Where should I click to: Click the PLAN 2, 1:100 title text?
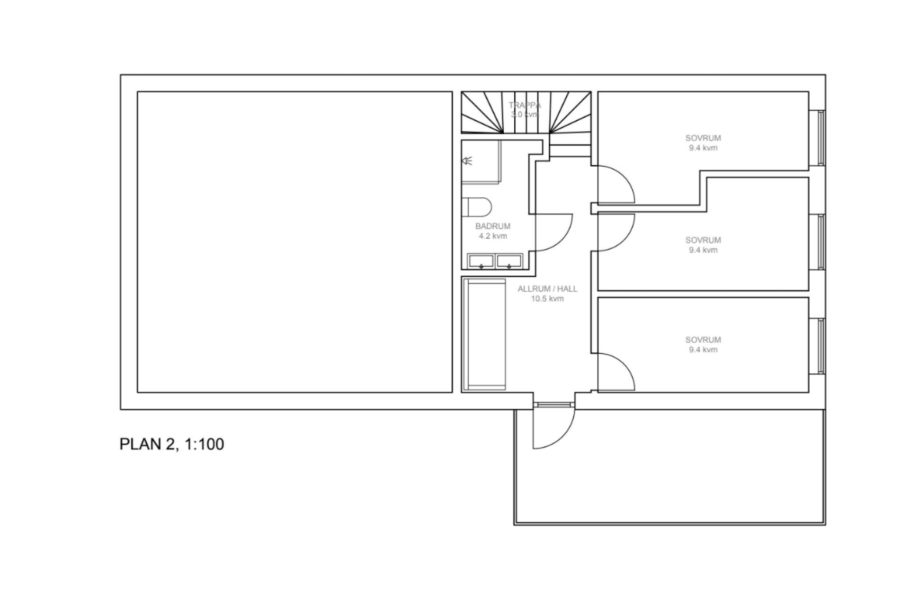coord(171,444)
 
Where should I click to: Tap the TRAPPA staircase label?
coord(525,105)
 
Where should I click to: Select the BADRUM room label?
coord(493,226)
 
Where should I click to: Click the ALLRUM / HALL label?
coord(547,289)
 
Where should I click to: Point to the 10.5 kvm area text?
coord(547,299)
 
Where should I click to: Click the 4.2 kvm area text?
coord(493,236)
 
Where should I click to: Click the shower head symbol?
coord(467,161)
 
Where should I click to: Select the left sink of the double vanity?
coord(481,261)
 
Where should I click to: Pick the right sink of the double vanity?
coord(509,261)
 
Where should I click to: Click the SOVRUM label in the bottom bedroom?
coord(703,340)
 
